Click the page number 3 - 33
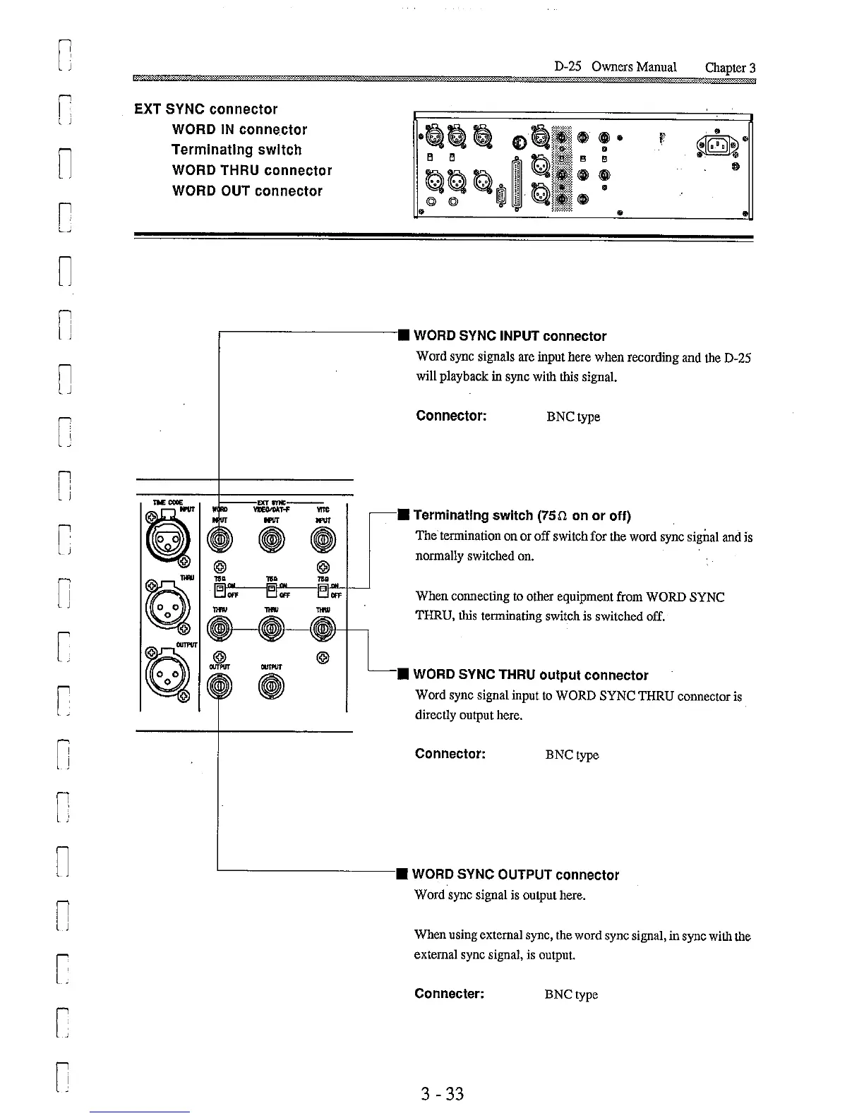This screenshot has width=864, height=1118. click(x=442, y=1094)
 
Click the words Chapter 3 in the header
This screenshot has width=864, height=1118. click(x=730, y=68)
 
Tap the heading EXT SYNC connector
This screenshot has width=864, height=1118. click(x=206, y=109)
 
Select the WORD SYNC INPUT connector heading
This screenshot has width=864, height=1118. click(x=510, y=336)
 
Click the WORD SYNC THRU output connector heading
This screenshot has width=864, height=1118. click(x=530, y=675)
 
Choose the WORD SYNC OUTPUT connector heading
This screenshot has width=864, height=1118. click(x=515, y=874)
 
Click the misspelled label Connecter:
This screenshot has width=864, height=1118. click(x=449, y=994)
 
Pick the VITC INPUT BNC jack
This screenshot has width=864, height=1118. click(x=323, y=542)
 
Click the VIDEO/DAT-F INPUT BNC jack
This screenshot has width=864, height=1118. click(x=272, y=542)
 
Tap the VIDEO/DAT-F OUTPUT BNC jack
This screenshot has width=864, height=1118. click(x=272, y=685)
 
